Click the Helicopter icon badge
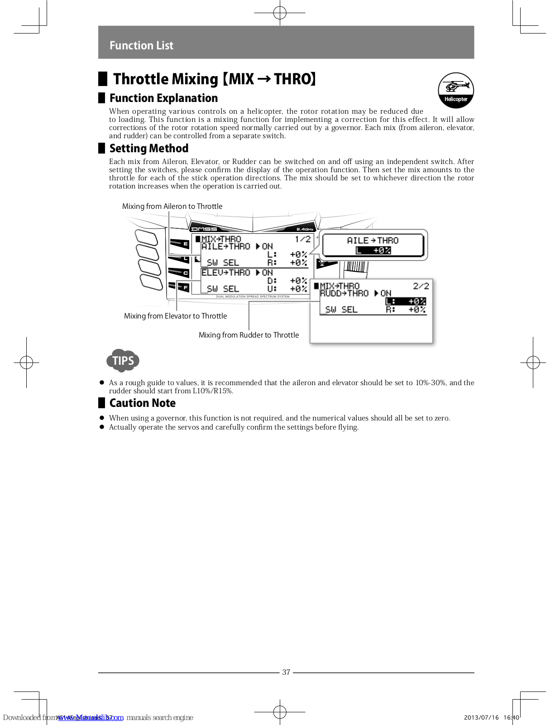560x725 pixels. tap(455, 90)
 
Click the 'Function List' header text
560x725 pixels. tap(141, 46)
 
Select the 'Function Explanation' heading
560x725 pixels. tap(163, 98)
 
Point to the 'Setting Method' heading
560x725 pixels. tap(148, 149)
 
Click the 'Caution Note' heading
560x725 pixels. tap(142, 403)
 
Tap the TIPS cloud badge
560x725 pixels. tap(123, 361)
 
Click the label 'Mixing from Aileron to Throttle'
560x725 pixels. tap(172, 207)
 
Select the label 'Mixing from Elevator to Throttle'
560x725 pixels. tap(175, 316)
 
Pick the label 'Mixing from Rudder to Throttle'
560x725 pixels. tap(249, 335)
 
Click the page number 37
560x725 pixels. tap(286, 672)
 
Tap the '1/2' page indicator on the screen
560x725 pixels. tap(303, 239)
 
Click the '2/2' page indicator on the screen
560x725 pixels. tap(421, 286)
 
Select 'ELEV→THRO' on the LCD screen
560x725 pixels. tap(225, 273)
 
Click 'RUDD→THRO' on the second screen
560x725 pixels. tap(344, 294)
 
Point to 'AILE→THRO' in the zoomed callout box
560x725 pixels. tap(373, 241)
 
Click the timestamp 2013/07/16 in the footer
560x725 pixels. tap(481, 718)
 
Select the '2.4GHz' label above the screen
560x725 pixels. tap(305, 229)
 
